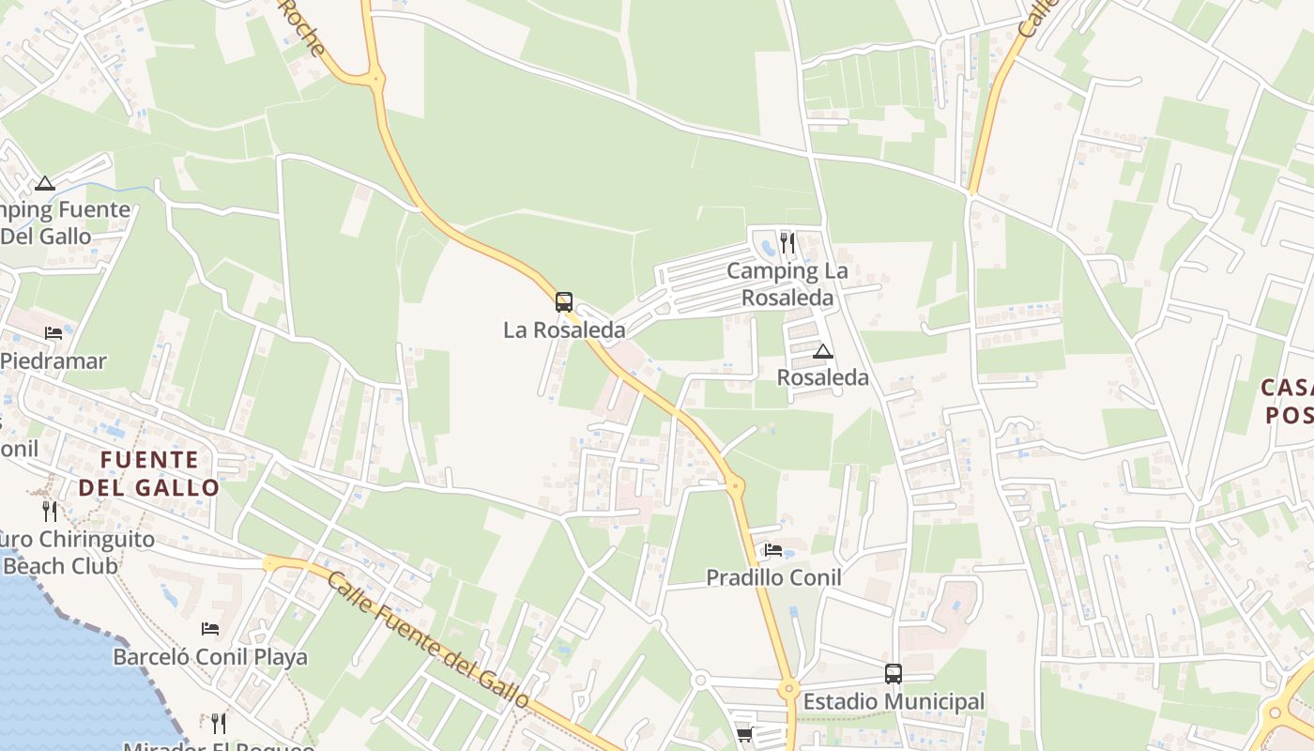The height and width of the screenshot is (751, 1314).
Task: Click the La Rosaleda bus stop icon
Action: coord(563,302)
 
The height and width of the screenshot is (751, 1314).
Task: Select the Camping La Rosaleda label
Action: coord(787,284)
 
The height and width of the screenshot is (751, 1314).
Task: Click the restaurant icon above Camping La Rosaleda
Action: coord(787,243)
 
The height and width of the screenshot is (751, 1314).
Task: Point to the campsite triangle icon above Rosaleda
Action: coord(823,352)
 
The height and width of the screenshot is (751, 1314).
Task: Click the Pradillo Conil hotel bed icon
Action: coord(773,550)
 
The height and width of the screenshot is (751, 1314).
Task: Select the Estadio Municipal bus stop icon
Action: coord(894,673)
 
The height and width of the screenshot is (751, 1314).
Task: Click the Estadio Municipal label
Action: coord(894,701)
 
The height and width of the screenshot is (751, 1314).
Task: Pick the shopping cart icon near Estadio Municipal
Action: coord(744,734)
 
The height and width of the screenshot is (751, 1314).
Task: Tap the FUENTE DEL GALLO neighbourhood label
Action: coord(149,473)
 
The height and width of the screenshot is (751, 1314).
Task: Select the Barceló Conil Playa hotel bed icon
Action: coord(210,629)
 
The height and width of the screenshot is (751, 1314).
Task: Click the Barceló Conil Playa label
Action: coord(210,657)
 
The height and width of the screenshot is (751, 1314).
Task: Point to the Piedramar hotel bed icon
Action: coord(53,333)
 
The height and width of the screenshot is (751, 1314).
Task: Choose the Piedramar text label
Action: coord(53,361)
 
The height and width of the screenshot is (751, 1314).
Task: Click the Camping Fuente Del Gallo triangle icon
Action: coord(44,183)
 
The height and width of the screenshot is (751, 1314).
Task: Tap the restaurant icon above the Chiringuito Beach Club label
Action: coord(50,511)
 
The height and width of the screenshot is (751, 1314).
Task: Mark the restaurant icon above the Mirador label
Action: coord(219,723)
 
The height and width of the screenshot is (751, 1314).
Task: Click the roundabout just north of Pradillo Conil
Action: coord(735,485)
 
